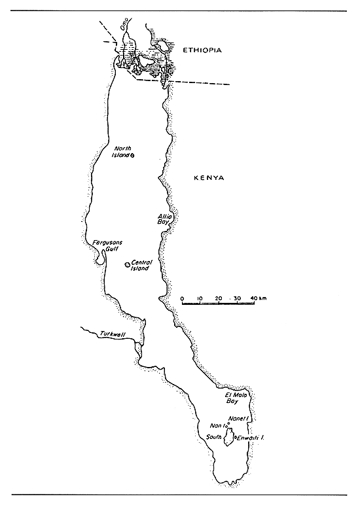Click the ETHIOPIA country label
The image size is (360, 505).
click(x=204, y=50)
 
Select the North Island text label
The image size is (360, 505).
click(x=122, y=152)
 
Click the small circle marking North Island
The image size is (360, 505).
click(x=133, y=156)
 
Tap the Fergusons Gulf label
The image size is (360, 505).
click(x=105, y=245)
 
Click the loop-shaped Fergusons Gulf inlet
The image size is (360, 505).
click(x=99, y=259)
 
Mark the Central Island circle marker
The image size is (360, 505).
click(x=127, y=264)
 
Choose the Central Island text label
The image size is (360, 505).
click(x=141, y=265)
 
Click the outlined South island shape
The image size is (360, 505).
click(x=228, y=438)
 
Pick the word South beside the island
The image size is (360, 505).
click(x=214, y=436)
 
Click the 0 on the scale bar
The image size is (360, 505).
click(x=182, y=298)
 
